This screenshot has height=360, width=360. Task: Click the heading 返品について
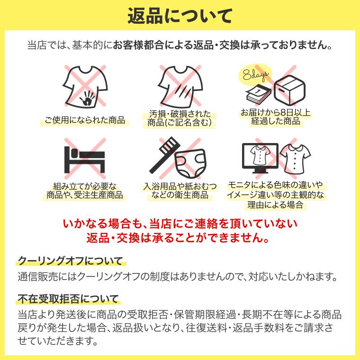[180, 16]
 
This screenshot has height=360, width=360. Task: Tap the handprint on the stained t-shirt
[88, 99]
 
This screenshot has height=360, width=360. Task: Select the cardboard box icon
[289, 90]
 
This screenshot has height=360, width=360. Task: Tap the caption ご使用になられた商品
[85, 120]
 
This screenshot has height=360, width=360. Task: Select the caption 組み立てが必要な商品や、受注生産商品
[85, 190]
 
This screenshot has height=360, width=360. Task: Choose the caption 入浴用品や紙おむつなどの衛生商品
[180, 190]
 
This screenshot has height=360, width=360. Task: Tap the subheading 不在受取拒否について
[68, 299]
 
